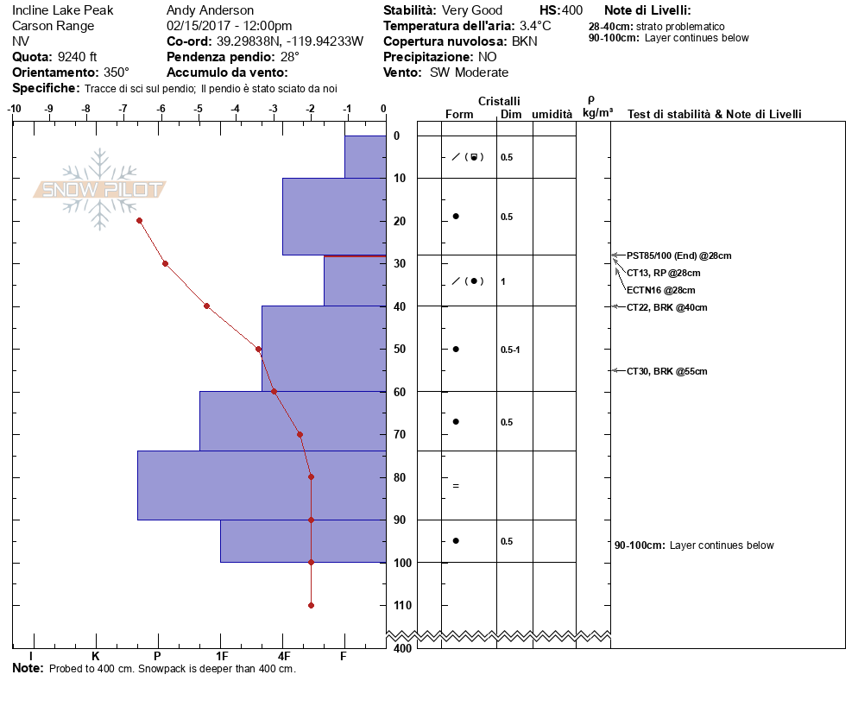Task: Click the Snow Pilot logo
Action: click(x=100, y=189)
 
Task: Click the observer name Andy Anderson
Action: click(x=210, y=10)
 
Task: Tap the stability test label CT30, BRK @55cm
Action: click(x=666, y=371)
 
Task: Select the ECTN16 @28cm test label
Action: click(x=660, y=290)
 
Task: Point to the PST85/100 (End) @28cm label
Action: click(x=678, y=256)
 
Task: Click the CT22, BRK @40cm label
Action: click(x=666, y=307)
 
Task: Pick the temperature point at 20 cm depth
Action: click(x=139, y=221)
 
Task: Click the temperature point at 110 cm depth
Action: click(x=311, y=605)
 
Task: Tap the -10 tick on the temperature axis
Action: click(x=14, y=109)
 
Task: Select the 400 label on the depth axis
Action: click(x=402, y=648)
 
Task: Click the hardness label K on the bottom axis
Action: click(x=95, y=657)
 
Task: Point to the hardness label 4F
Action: click(x=283, y=657)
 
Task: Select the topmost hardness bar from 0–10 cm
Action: click(x=364, y=157)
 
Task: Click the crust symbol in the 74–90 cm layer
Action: click(x=456, y=486)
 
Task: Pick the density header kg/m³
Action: click(x=597, y=113)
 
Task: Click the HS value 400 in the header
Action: click(x=572, y=10)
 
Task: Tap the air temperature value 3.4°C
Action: click(x=535, y=26)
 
